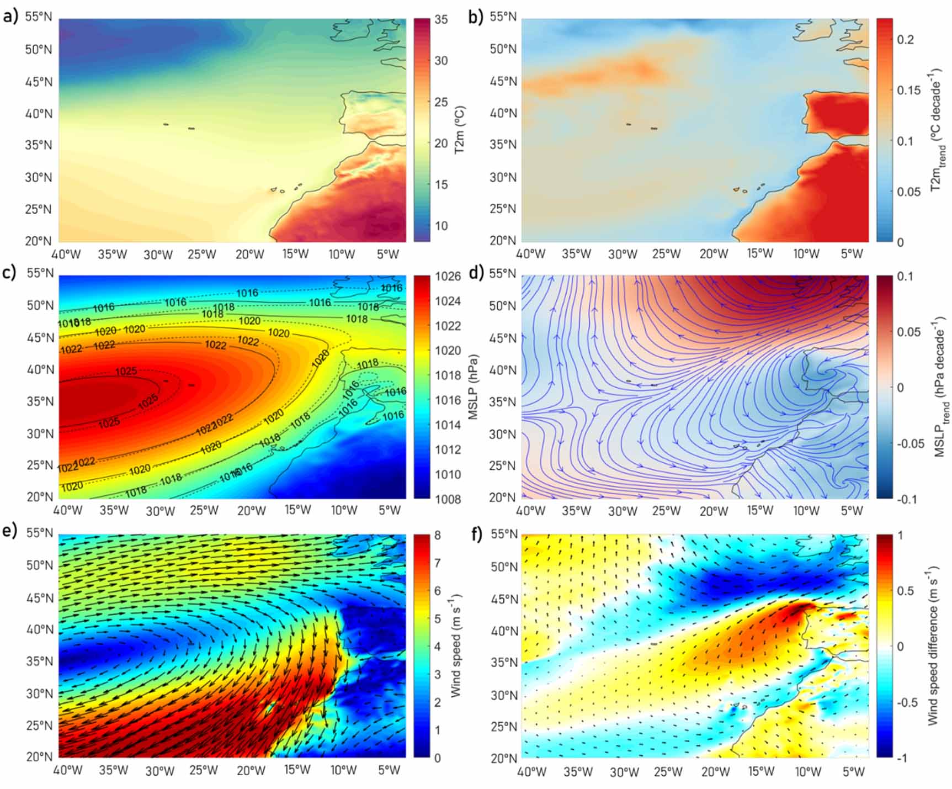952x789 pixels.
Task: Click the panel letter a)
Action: [x=10, y=17]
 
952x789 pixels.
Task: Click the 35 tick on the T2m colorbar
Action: [x=441, y=20]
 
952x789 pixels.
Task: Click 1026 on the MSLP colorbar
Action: [x=448, y=276]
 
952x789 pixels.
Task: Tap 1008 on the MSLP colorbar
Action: [x=448, y=499]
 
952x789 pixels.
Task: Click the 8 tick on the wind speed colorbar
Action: [x=438, y=535]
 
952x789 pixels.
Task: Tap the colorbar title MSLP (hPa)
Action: [x=473, y=386]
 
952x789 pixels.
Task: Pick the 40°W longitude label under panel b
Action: [x=530, y=254]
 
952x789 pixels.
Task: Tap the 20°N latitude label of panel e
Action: [x=39, y=756]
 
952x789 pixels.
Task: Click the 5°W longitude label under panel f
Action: [x=853, y=771]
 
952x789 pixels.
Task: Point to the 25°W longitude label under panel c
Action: [x=204, y=510]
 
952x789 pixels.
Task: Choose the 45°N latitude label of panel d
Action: [x=503, y=338]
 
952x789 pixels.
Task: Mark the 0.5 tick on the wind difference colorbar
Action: [x=905, y=591]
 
